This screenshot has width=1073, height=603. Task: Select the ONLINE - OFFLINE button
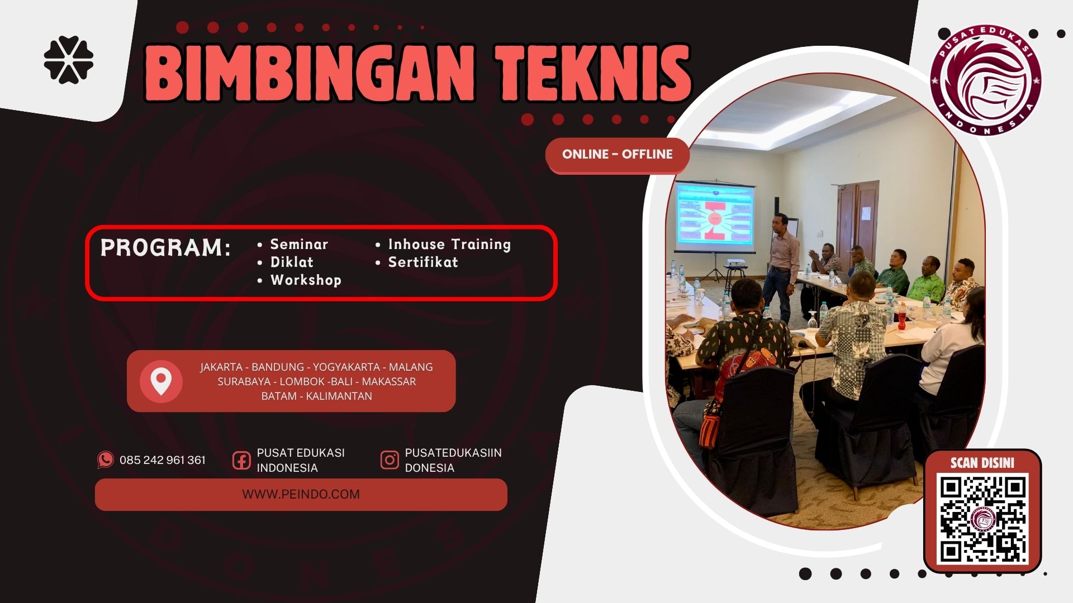[617, 155]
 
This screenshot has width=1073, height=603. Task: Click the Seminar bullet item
[299, 245]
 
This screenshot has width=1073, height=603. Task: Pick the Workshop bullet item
[305, 280]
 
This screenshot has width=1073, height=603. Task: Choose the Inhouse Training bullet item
[449, 245]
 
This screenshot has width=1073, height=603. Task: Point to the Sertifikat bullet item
[423, 262]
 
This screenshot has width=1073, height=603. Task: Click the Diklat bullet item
[292, 262]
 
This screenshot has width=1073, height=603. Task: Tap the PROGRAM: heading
[165, 248]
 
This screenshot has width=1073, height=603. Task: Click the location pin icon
[161, 381]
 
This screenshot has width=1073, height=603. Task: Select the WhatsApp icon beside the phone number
[105, 460]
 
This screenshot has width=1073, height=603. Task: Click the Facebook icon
[241, 461]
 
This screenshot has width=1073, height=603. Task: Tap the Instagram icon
[390, 460]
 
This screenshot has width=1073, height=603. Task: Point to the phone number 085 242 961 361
[163, 461]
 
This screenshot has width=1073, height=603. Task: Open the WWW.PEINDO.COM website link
[301, 495]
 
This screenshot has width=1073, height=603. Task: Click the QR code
[983, 519]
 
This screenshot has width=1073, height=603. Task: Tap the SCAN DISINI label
[982, 463]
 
